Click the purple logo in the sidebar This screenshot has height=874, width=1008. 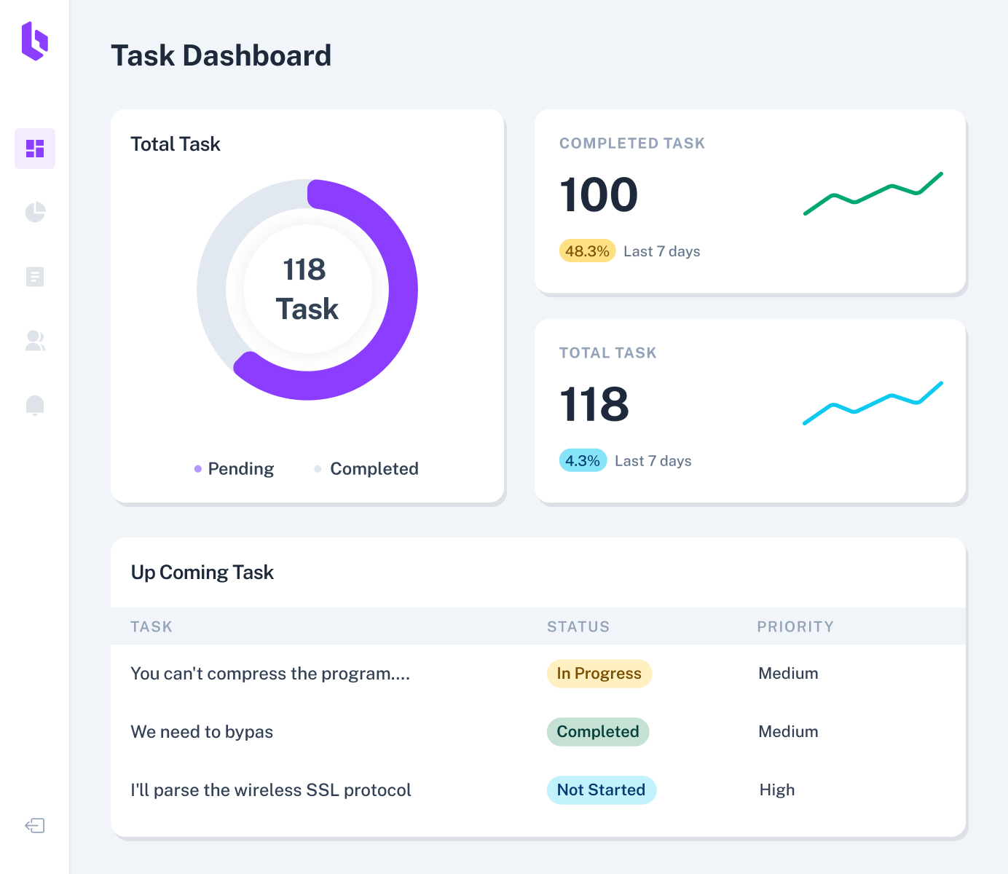[x=34, y=41]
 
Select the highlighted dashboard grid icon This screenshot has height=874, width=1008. [x=35, y=149]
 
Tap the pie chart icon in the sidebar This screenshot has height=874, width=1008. [x=35, y=212]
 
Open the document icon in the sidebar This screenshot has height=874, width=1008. [x=35, y=277]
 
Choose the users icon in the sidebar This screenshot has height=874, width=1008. [x=35, y=341]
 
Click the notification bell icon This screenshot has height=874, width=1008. [x=35, y=405]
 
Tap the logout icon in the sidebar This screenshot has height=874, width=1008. [x=35, y=825]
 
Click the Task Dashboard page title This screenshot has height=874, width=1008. [x=221, y=56]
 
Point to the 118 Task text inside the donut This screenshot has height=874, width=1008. [x=307, y=289]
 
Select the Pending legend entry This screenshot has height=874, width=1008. [x=234, y=468]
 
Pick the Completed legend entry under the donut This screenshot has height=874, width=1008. [x=366, y=468]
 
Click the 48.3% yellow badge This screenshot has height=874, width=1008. [x=587, y=251]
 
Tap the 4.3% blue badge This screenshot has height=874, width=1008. [x=583, y=461]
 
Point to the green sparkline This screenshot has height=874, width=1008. [x=873, y=194]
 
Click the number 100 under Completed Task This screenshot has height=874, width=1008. [x=599, y=195]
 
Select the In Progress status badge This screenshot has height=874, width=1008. [x=599, y=674]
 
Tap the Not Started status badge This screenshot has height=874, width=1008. [x=601, y=790]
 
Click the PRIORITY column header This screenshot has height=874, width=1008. [x=795, y=627]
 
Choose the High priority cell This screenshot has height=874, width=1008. [x=777, y=790]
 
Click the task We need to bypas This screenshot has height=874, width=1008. [x=202, y=732]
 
